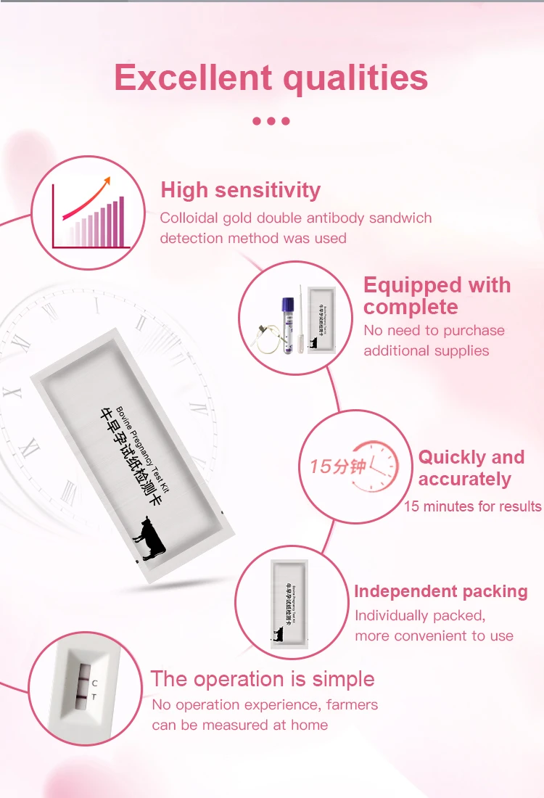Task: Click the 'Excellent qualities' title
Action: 271,78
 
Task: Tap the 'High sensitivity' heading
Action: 240,190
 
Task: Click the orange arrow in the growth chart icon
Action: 87,197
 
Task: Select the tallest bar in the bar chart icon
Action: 121,221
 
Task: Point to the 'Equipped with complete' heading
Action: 437,296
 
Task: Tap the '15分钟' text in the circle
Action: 338,466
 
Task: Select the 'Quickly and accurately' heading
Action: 471,468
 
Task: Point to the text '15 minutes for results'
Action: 472,506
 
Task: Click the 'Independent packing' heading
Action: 440,591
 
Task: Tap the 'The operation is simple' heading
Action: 263,679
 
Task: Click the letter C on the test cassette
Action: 94,683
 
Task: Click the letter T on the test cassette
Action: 94,697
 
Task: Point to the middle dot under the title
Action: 271,121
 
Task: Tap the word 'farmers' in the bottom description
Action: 352,704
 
